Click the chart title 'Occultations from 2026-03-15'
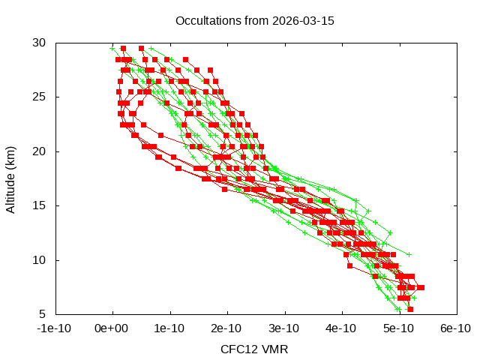[254, 20]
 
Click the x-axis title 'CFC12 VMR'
[254, 349]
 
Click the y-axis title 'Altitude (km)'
[11, 178]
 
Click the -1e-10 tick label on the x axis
[55, 328]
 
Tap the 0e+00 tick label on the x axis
[112, 328]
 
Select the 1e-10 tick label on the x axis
[169, 328]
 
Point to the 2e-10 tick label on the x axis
[227, 328]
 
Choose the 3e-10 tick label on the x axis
[285, 328]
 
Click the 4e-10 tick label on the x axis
[342, 328]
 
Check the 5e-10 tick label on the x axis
[400, 328]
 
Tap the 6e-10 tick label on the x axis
[457, 328]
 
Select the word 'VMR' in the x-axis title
[275, 349]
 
